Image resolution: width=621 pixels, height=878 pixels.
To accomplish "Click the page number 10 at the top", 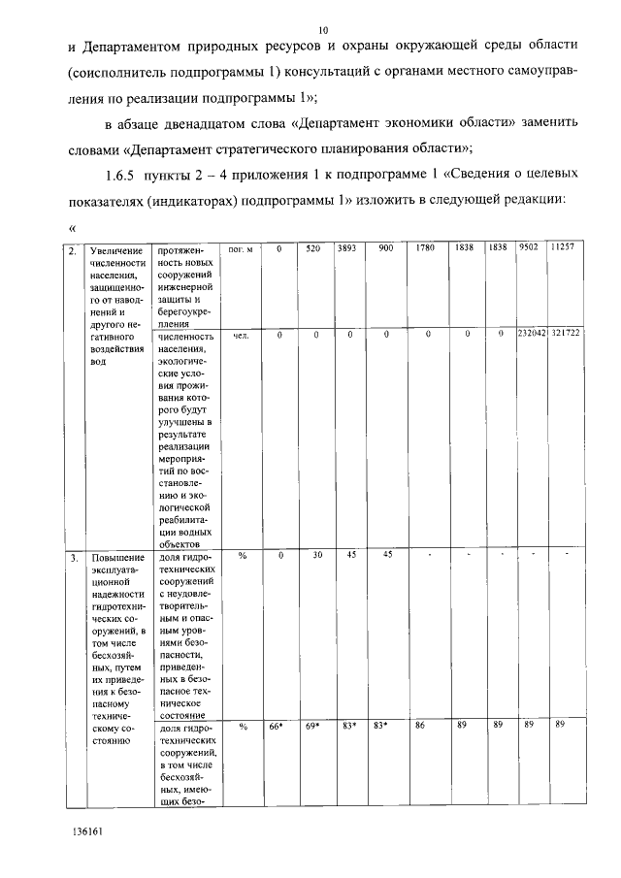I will click(323, 31).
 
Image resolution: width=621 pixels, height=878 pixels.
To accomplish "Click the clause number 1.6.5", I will click(120, 175).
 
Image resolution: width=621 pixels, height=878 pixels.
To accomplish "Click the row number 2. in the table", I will click(72, 250).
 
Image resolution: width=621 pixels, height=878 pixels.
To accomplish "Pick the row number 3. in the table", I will click(72, 558).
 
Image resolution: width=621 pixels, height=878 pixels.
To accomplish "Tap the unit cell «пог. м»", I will click(239, 249).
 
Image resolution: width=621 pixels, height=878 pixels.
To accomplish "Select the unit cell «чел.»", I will click(241, 336).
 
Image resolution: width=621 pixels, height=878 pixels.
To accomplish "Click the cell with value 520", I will click(312, 249).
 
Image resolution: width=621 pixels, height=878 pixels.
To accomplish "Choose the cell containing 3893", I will click(346, 249).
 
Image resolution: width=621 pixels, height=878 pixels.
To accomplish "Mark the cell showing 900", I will click(385, 249).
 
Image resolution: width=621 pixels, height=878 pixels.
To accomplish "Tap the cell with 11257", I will click(562, 249).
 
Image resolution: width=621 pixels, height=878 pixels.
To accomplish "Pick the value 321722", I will click(565, 335).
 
